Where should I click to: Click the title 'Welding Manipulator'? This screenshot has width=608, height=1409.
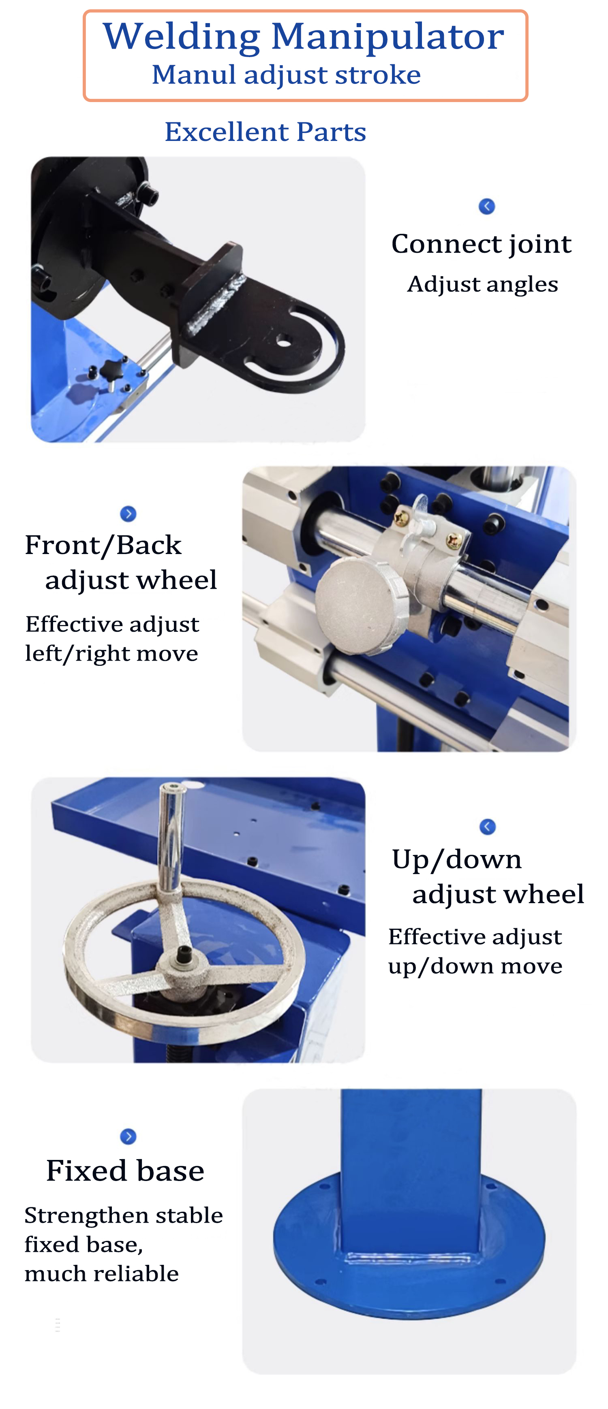pos(304,37)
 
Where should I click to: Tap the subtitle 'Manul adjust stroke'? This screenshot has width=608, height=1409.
pos(286,75)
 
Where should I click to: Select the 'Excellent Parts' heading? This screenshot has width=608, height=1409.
pos(265,132)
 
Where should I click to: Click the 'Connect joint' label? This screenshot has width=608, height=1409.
pos(481,244)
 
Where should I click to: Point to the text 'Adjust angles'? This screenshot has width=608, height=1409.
pos(482,284)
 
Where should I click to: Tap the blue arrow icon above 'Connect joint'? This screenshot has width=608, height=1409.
pos(486,206)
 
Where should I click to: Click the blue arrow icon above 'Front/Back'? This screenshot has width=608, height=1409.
pos(128,514)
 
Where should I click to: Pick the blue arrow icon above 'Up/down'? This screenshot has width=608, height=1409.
pos(487,827)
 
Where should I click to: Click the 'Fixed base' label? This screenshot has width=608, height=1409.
pos(125,1171)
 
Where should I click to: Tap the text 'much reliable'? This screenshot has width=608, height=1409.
pos(102,1274)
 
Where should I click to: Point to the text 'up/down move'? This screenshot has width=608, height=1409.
pos(475,966)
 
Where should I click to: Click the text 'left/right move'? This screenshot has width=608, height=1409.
pos(111,654)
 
